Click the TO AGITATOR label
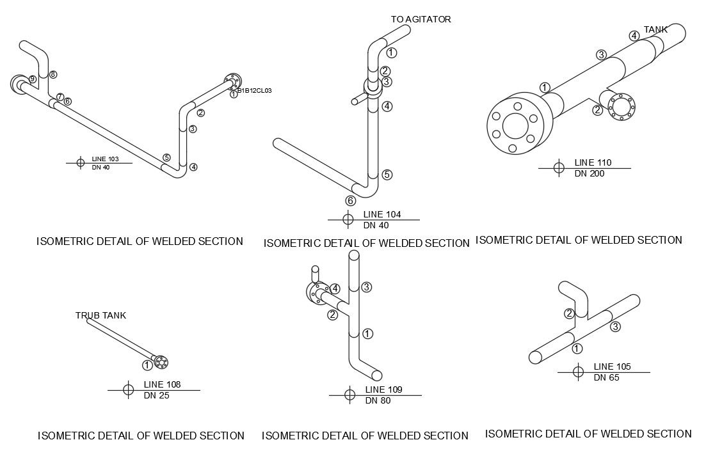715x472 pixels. pos(421,19)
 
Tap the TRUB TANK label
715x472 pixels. pos(100,315)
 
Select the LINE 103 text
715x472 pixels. pos(105,159)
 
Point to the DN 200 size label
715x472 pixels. pos(589,173)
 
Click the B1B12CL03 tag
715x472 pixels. pos(255,91)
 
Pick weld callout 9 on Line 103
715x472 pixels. pos(33,79)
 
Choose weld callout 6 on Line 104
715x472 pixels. pos(350,200)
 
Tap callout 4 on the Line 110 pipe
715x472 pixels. pos(634,36)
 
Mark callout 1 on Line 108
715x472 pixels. pos(147,365)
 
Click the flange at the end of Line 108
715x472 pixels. pos(161,361)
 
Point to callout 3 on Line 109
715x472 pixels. pos(366,287)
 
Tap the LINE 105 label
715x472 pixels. pos(612,366)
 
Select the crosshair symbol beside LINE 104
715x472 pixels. pos(348,219)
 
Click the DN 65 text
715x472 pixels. pos(606,377)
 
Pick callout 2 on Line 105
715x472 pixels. pos(568,313)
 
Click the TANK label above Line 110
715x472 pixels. pos(655,29)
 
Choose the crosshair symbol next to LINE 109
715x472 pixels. pos(349,395)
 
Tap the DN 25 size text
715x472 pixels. pos(156,395)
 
